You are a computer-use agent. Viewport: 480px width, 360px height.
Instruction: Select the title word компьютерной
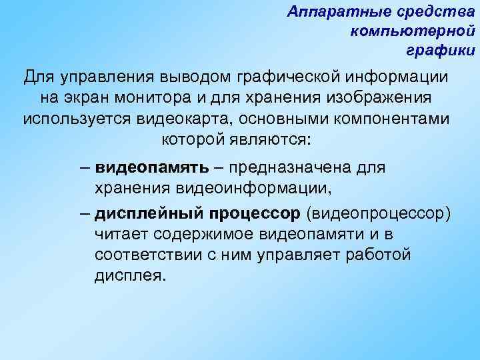pyautogui.click(x=411, y=31)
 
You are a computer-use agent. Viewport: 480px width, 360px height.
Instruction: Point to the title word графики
pyautogui.click(x=441, y=50)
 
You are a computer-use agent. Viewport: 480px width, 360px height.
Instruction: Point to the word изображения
pyautogui.click(x=383, y=98)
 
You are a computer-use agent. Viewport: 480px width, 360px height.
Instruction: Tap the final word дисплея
pyautogui.click(x=128, y=276)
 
